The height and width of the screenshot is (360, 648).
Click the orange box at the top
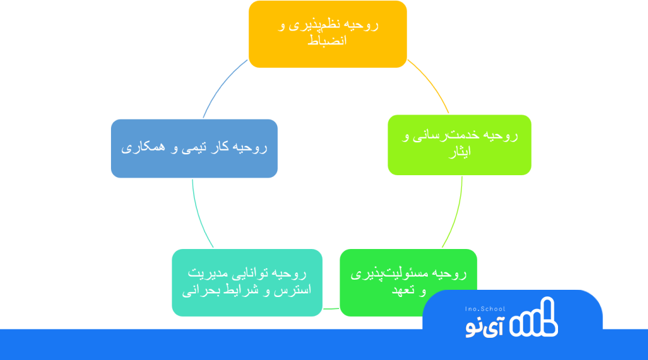(328, 34)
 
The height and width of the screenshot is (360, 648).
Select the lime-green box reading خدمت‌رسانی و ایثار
(460, 145)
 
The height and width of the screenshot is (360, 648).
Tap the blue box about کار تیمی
(194, 148)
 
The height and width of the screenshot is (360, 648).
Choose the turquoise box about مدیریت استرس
(247, 282)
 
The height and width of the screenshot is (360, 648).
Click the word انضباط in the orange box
(327, 41)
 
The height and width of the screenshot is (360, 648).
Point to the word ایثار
(460, 152)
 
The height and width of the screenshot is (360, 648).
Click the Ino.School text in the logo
(485, 309)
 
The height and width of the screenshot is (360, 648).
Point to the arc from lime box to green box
(456, 214)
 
